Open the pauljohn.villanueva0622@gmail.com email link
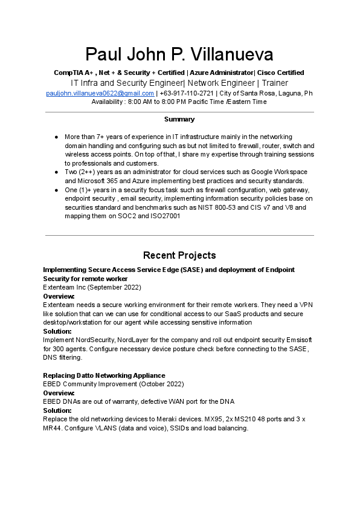click(x=100, y=93)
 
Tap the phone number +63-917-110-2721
click(x=187, y=93)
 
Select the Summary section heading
click(x=179, y=120)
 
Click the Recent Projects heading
click(x=179, y=255)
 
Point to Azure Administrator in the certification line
click(x=222, y=73)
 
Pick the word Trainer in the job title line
click(x=275, y=83)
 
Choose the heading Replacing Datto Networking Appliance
click(x=104, y=375)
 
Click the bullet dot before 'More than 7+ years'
click(x=56, y=137)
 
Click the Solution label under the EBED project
click(x=57, y=410)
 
